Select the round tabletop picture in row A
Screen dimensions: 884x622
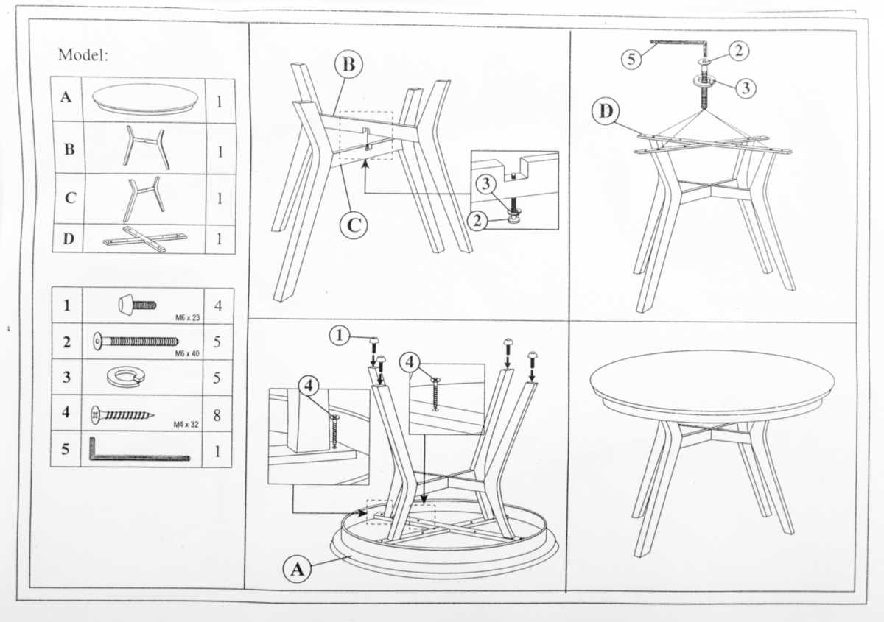point(145,99)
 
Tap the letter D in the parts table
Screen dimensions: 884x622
point(69,238)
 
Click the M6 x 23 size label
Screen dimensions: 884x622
point(187,317)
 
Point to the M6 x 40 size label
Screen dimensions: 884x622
point(187,353)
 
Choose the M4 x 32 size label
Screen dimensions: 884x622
point(186,425)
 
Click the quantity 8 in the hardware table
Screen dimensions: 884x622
point(217,415)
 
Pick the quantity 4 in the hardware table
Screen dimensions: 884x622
point(218,306)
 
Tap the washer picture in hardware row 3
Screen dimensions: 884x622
point(125,376)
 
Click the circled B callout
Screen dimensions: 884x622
point(348,64)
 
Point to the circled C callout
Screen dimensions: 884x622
point(354,225)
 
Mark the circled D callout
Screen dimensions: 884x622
point(606,111)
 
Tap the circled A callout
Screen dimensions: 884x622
point(297,569)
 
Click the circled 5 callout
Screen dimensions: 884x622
point(631,59)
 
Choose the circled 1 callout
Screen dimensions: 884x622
point(340,336)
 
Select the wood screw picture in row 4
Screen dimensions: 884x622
point(122,415)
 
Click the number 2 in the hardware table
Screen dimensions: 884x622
point(67,342)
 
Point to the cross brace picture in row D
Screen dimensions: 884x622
point(145,238)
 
